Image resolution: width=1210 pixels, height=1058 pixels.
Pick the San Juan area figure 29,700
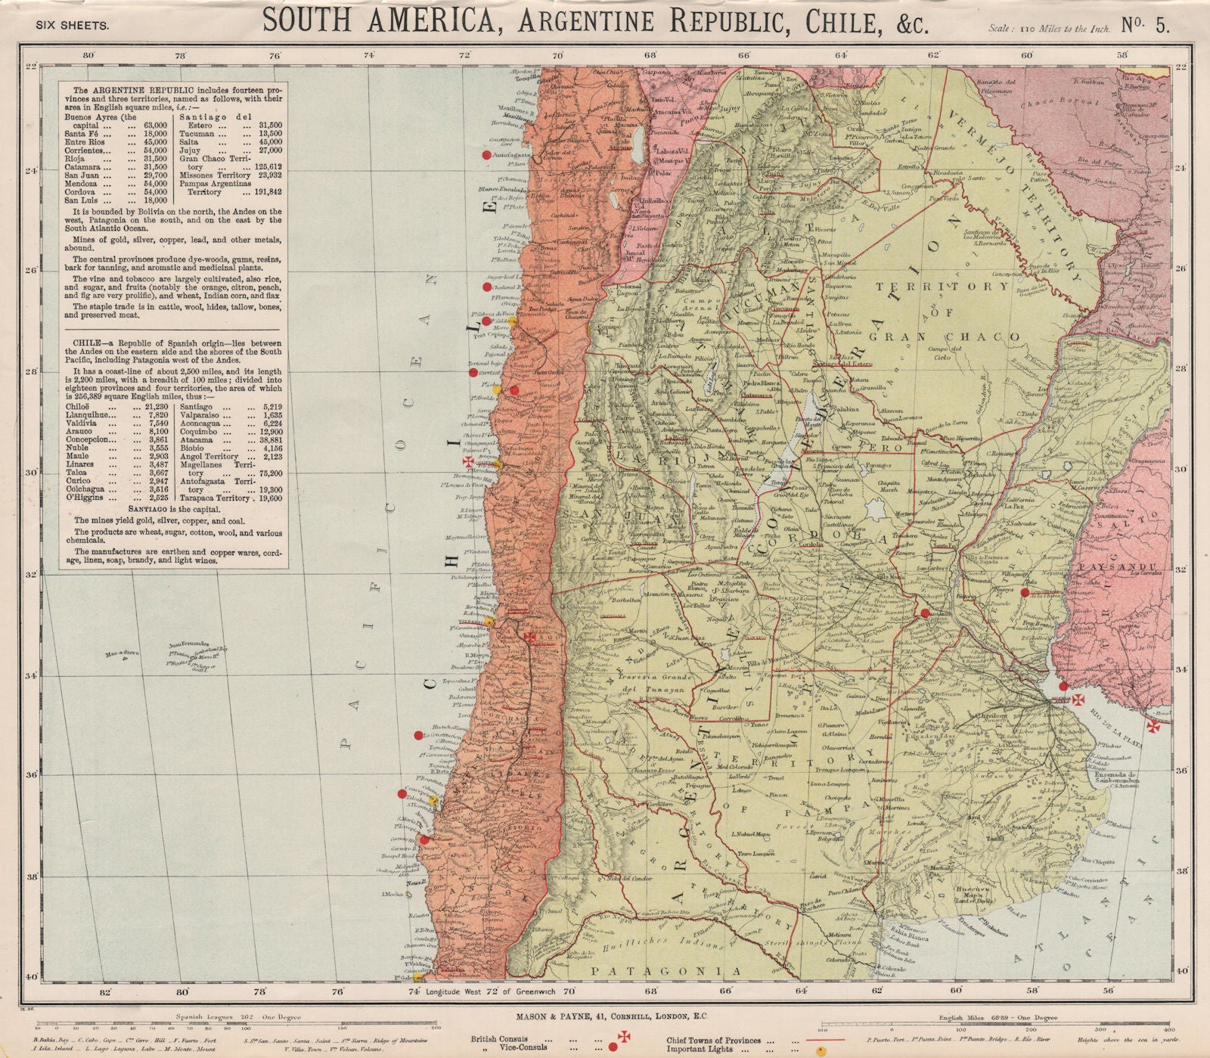click(150, 175)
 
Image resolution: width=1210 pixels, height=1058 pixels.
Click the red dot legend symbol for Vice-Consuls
click(612, 1047)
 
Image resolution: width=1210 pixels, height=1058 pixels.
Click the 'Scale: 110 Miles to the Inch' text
click(1048, 29)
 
